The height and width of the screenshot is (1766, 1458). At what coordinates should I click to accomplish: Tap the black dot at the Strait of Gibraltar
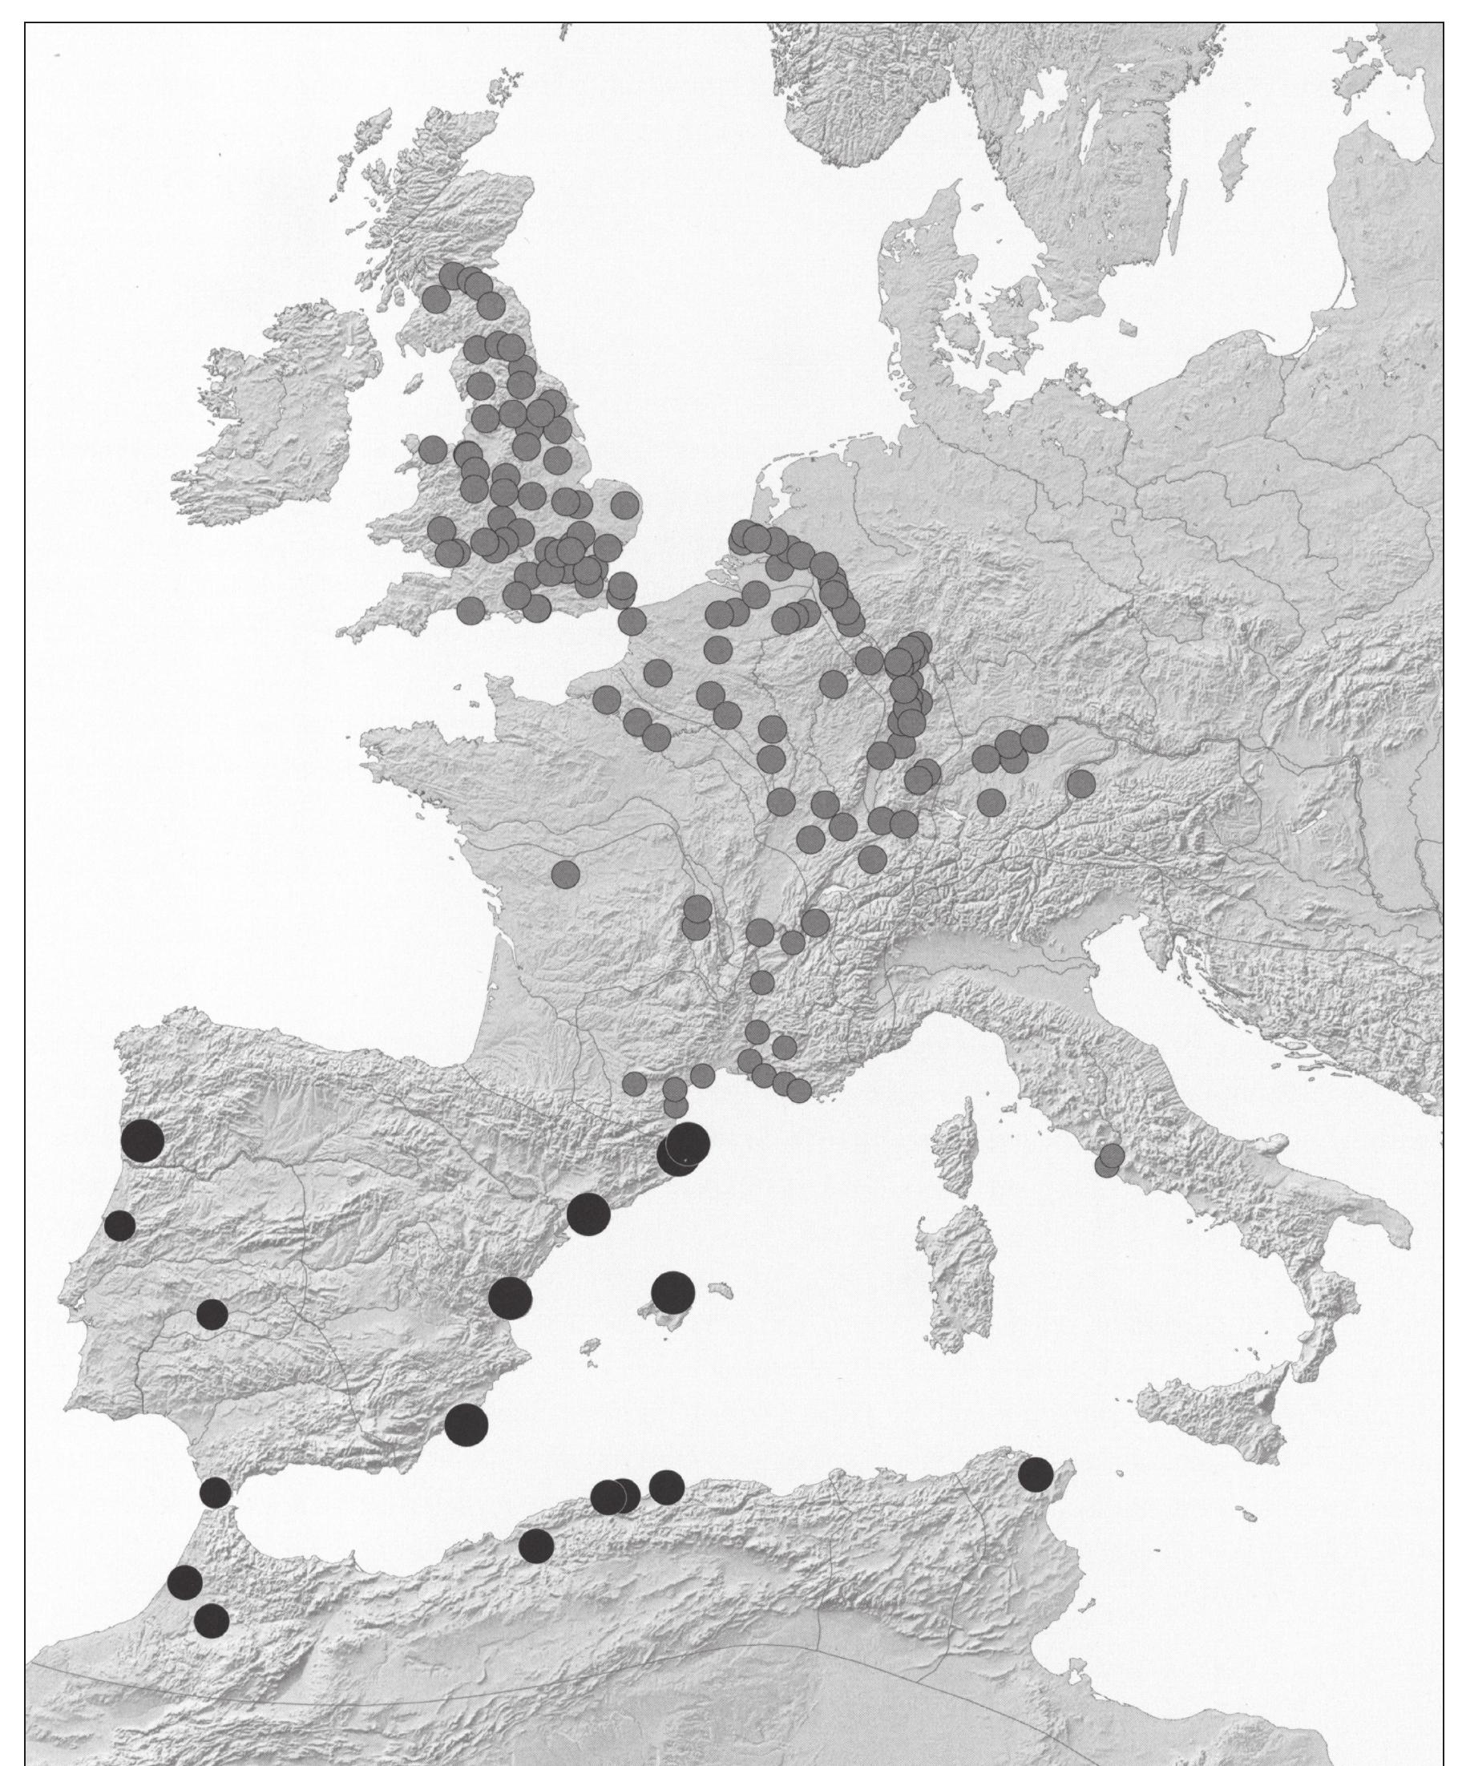(x=216, y=1492)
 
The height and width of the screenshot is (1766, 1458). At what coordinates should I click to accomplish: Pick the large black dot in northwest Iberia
(x=142, y=1142)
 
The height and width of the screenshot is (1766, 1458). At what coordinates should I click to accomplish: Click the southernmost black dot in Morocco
(x=212, y=1621)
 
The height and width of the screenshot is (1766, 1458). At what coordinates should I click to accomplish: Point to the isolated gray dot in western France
(x=565, y=873)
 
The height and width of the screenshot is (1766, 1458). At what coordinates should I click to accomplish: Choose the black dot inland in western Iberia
(x=212, y=1313)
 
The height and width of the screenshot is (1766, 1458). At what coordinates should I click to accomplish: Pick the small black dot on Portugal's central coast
(x=120, y=1225)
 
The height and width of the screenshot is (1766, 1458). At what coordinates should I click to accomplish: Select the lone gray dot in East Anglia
(x=625, y=504)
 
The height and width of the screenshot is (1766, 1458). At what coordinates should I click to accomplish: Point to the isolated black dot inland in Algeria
(x=537, y=1545)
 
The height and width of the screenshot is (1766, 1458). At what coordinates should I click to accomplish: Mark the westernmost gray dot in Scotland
(x=436, y=298)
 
